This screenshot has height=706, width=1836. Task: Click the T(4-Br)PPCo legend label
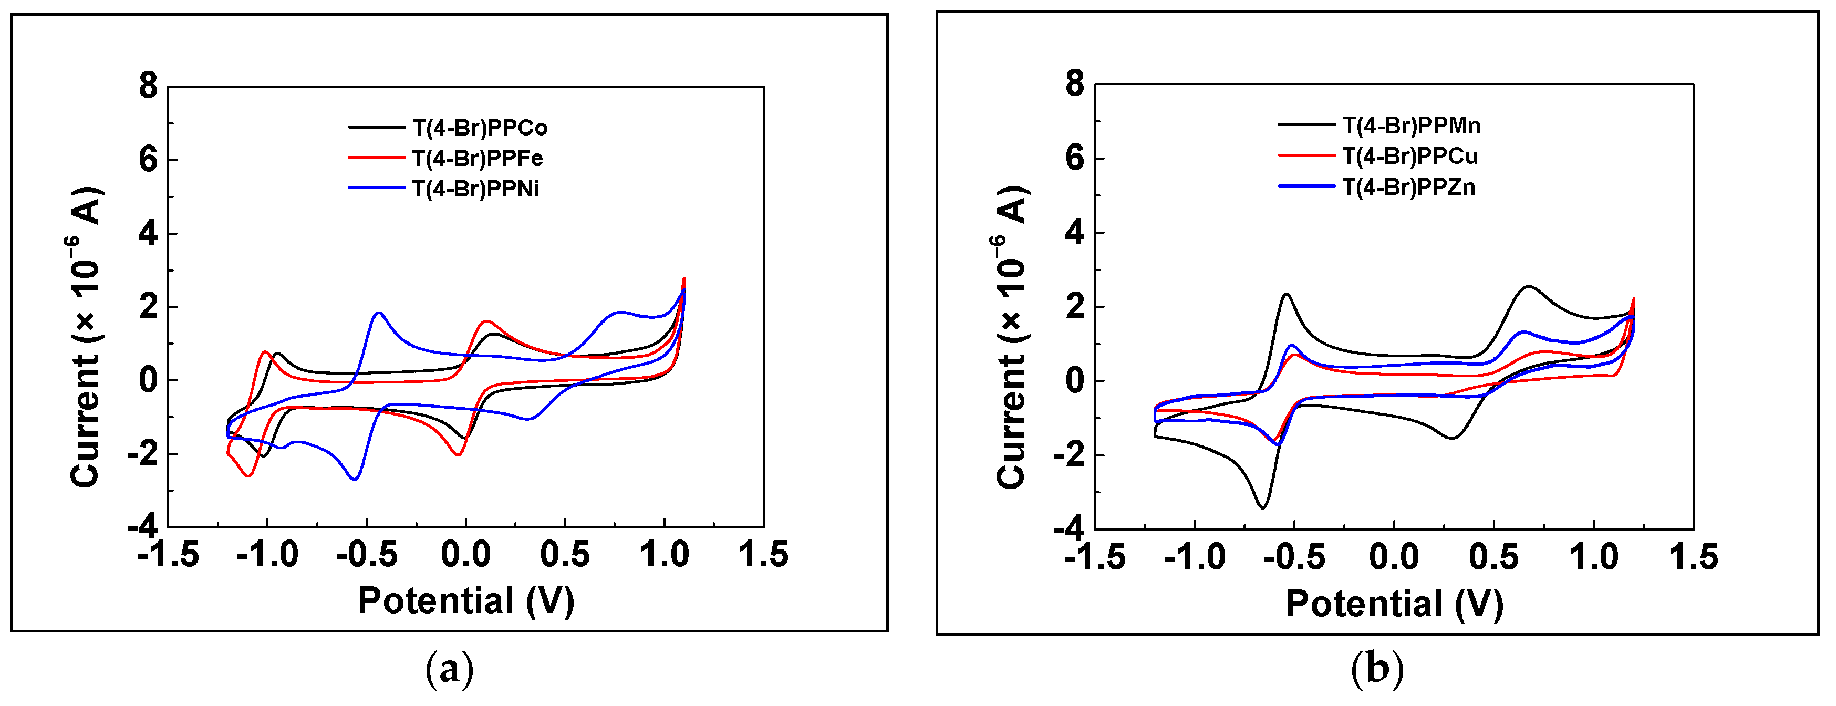click(x=480, y=128)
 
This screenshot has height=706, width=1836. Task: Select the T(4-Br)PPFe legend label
click(x=478, y=158)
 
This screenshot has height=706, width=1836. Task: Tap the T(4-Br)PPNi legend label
click(x=475, y=189)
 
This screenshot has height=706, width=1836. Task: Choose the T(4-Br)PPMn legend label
click(x=1411, y=126)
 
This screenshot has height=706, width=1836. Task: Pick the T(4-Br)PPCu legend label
click(x=1410, y=156)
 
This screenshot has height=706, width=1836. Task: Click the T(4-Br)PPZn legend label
click(x=1408, y=188)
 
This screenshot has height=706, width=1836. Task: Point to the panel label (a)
click(x=449, y=669)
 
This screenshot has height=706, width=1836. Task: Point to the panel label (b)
click(x=1377, y=669)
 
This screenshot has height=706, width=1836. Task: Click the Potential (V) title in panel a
click(x=466, y=600)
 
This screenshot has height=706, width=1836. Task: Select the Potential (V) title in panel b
click(x=1394, y=604)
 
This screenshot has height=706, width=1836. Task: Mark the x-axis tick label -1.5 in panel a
click(x=168, y=554)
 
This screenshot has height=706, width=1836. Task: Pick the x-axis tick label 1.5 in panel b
click(x=1694, y=556)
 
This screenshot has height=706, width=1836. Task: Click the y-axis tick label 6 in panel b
click(x=1075, y=158)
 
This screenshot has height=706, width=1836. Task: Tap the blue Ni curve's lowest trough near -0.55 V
click(x=354, y=479)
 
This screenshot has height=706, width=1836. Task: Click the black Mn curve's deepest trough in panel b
click(x=1262, y=507)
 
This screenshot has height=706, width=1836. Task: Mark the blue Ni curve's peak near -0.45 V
click(x=378, y=313)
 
